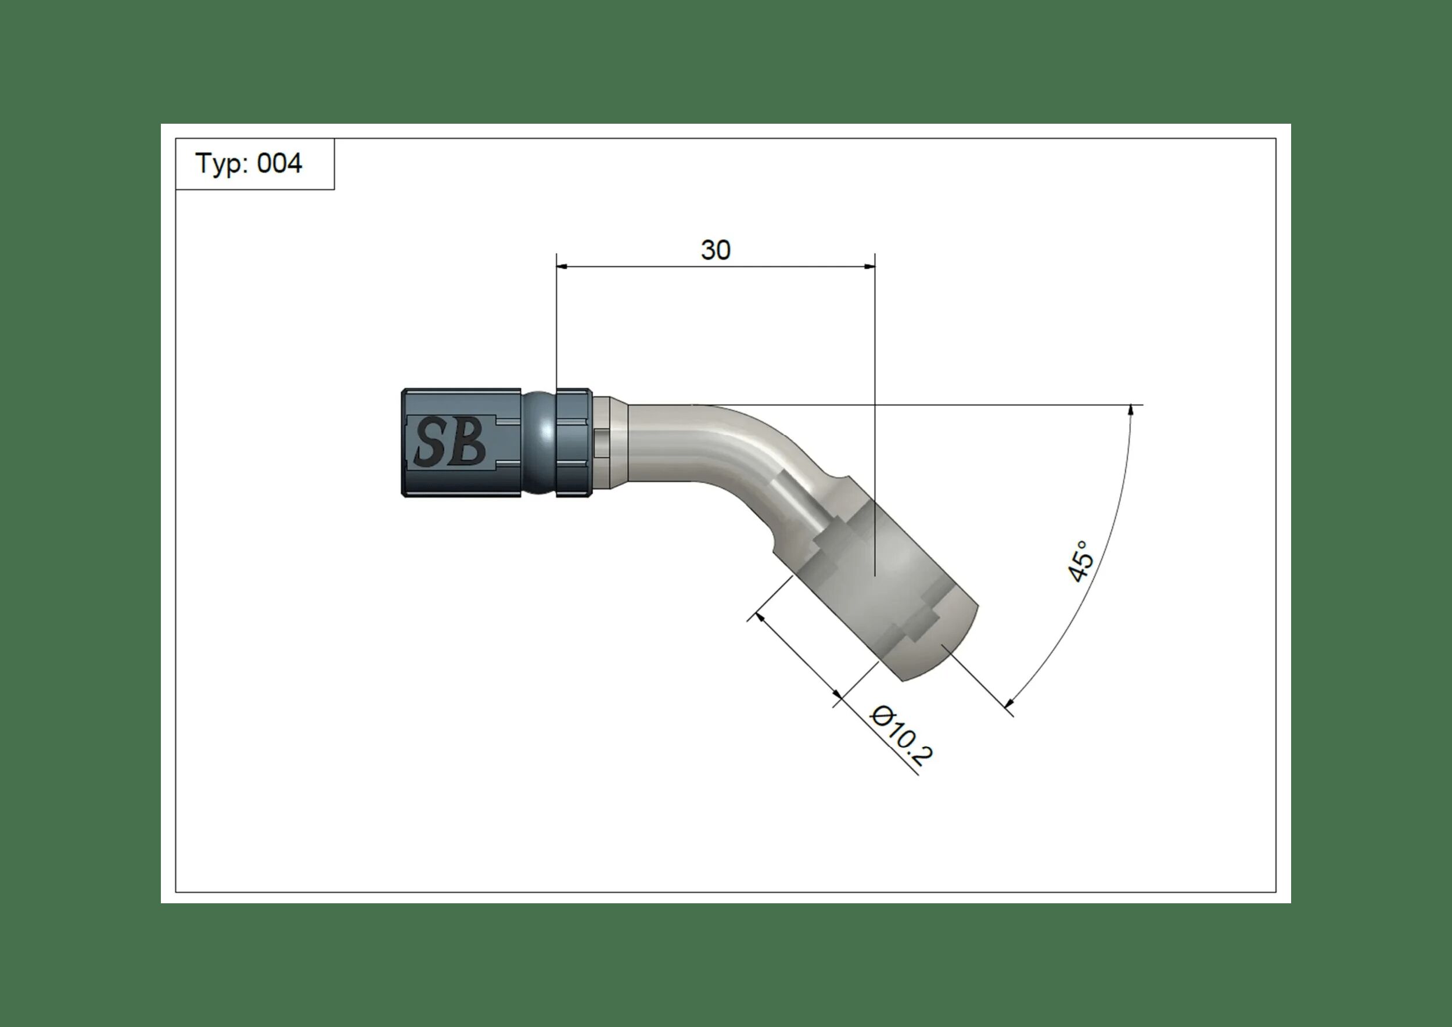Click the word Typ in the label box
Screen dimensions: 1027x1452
[218, 164]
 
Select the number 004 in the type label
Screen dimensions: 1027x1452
[279, 164]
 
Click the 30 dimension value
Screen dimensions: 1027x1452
[715, 250]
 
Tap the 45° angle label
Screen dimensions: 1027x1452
[1080, 562]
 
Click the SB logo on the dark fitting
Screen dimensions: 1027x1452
[450, 443]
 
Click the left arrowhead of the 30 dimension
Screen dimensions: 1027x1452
[562, 267]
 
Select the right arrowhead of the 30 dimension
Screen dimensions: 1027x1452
[869, 267]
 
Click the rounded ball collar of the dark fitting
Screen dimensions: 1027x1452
[539, 442]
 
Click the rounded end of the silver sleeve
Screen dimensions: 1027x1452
[948, 651]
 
